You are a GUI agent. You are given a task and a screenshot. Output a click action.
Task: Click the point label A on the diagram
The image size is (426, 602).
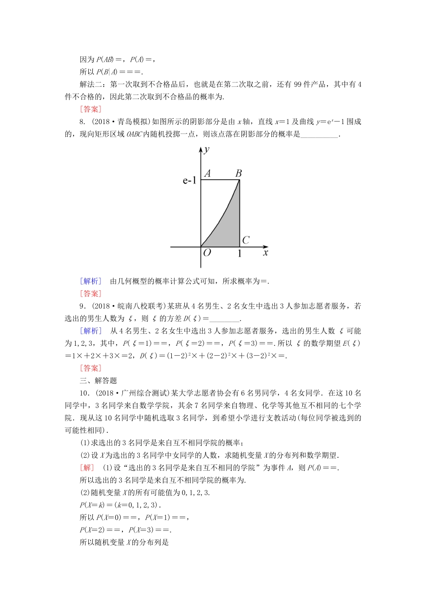(x=207, y=173)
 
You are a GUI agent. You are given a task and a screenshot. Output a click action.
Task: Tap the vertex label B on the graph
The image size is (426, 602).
(x=239, y=173)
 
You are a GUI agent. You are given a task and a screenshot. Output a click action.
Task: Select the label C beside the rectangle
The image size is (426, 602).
(x=246, y=240)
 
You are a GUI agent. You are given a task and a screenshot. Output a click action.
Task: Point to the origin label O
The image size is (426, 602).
(x=207, y=253)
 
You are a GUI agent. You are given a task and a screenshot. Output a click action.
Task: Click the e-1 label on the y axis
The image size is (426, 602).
(x=189, y=181)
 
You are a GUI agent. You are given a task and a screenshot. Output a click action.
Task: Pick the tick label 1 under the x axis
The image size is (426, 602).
(x=239, y=254)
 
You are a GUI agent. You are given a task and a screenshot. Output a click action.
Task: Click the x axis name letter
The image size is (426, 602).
(x=265, y=253)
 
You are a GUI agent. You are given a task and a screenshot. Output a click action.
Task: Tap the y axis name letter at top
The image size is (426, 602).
(x=206, y=149)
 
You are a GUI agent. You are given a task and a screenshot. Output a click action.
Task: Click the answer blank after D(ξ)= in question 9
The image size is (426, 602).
(x=225, y=319)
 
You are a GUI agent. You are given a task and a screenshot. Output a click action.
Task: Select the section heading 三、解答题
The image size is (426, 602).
(x=98, y=381)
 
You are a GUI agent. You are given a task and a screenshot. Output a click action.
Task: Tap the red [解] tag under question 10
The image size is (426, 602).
(x=87, y=468)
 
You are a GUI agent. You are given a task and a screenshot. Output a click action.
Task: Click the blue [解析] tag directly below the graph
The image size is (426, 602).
(x=91, y=281)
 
